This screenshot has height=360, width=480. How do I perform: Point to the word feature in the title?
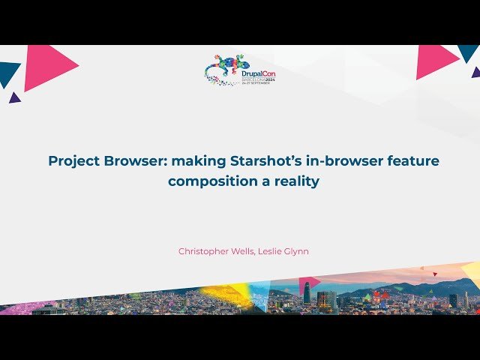[412, 160]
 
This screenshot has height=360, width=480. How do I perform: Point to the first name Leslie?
[272, 251]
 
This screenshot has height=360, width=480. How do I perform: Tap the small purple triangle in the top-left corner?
[14, 97]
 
